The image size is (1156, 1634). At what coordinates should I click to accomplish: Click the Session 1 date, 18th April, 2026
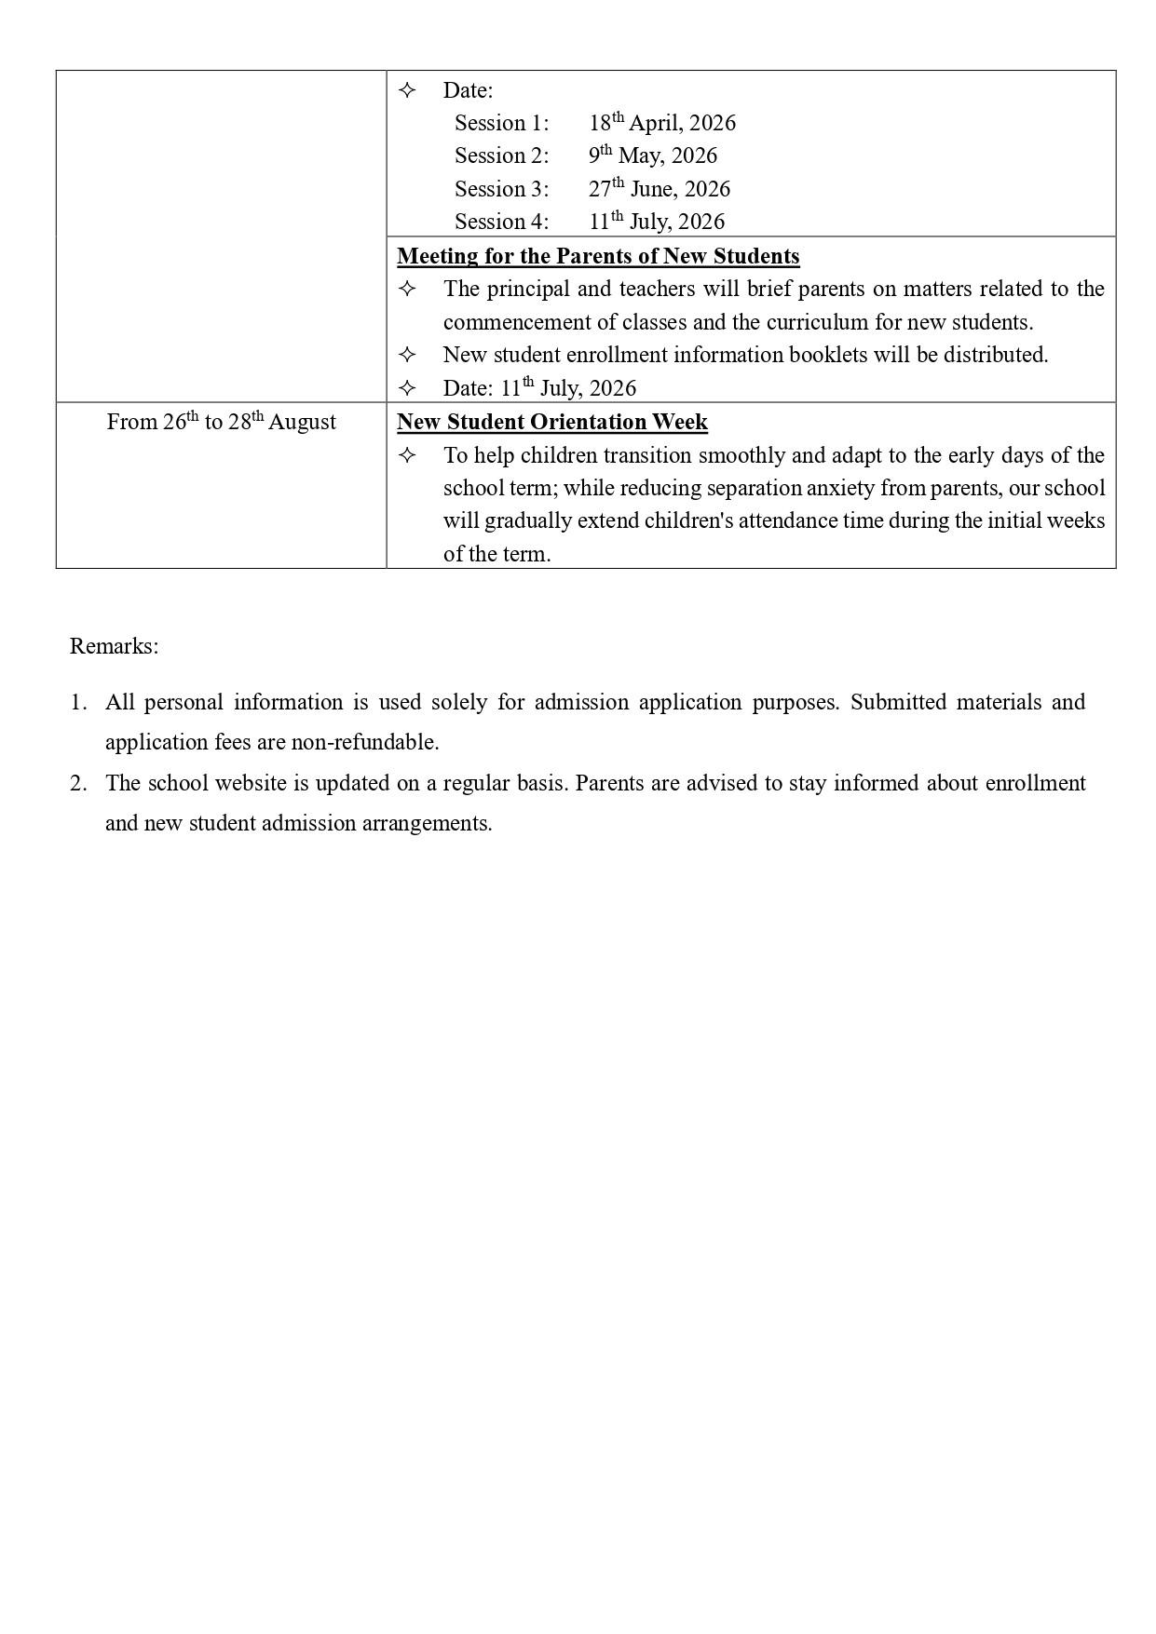661,123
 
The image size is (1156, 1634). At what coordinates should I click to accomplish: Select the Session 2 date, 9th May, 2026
652,155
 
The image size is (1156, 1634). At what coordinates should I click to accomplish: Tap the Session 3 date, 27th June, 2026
659,189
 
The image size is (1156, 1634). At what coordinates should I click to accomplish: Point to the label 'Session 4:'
501,222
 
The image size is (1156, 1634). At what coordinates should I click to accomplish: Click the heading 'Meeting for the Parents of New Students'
598,256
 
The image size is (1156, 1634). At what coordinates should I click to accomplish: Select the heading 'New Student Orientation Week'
552,422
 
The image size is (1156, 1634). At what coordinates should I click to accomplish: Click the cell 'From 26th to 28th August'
222,422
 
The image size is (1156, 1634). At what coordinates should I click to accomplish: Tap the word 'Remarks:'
114,646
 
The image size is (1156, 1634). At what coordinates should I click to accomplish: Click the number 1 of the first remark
77,702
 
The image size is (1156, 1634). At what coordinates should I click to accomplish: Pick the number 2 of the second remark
77,783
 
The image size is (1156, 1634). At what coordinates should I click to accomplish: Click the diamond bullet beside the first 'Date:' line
407,90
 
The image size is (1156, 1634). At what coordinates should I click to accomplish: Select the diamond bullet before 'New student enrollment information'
407,355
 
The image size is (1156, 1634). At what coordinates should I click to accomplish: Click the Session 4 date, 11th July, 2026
656,222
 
